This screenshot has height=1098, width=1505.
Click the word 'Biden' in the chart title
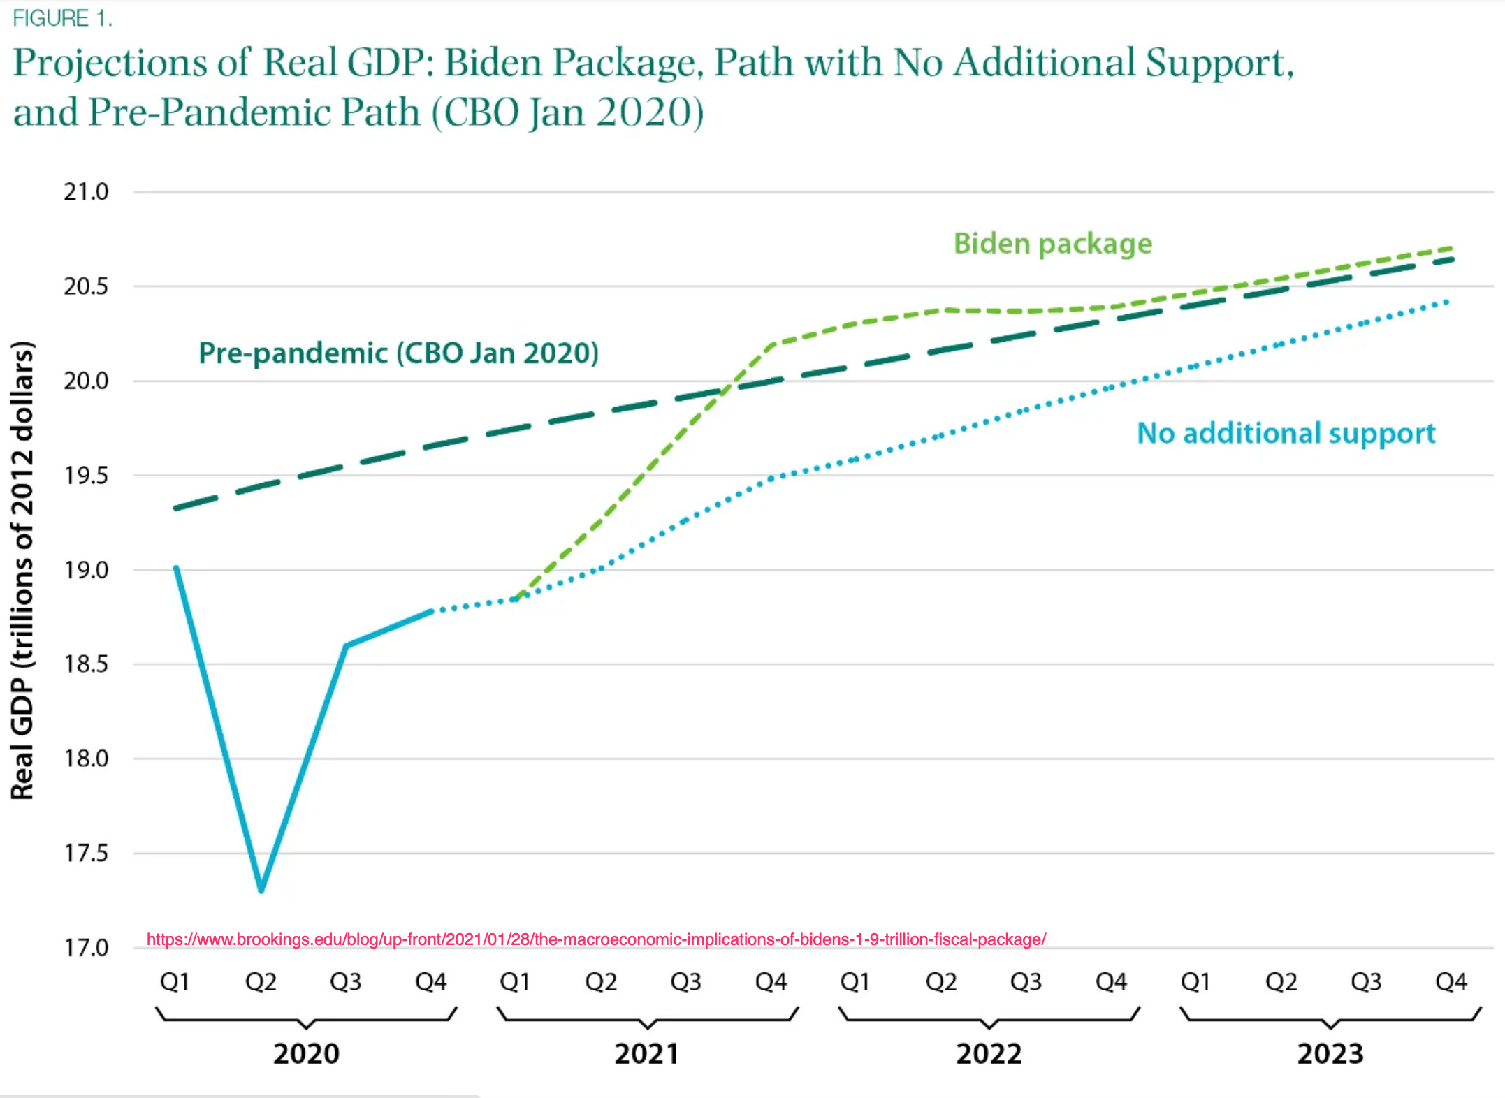tap(493, 64)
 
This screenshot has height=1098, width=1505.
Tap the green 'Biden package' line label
tap(1052, 244)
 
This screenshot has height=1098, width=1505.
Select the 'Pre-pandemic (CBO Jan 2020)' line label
tap(398, 353)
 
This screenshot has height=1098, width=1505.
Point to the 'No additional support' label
tap(1286, 433)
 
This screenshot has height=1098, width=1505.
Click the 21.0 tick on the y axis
tap(87, 192)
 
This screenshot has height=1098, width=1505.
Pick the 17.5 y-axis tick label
tap(87, 853)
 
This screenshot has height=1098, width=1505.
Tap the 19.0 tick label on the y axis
tap(87, 570)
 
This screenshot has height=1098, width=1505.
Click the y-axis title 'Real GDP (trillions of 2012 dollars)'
tap(22, 570)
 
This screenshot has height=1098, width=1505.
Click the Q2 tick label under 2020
tap(261, 982)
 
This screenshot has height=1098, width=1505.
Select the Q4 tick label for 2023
tap(1451, 982)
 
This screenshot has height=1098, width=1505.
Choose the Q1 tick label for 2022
tap(855, 982)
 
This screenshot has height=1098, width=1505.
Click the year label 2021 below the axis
tap(647, 1053)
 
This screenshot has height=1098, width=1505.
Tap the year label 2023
tap(1330, 1053)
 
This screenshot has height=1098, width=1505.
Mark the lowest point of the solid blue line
tap(261, 890)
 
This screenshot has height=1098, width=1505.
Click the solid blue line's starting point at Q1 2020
tap(176, 568)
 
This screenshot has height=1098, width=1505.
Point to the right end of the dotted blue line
tap(1446, 302)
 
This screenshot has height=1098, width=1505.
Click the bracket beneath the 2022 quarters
tap(989, 1019)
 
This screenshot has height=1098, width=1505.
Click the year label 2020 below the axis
tap(306, 1053)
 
